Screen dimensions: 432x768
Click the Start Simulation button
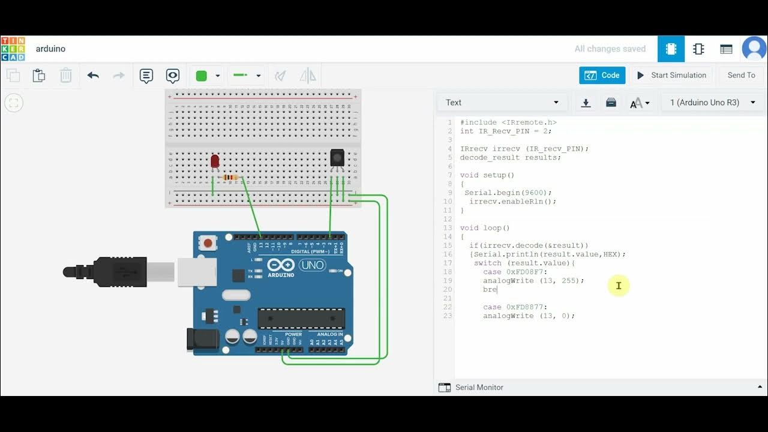(x=671, y=76)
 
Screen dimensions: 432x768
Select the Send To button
(x=741, y=76)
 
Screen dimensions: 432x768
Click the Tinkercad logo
(x=13, y=49)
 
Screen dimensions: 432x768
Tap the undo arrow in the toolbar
(x=93, y=76)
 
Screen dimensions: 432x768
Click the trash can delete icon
(x=66, y=76)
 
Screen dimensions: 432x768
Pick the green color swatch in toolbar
(x=202, y=76)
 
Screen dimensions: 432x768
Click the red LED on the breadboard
(x=215, y=161)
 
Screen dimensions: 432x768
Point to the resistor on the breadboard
(x=230, y=177)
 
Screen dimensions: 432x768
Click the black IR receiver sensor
(x=337, y=157)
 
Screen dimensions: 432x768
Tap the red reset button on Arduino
(x=208, y=243)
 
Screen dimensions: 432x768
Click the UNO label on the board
(x=312, y=265)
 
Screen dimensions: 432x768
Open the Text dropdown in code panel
(x=502, y=103)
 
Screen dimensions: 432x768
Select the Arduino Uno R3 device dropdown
(x=713, y=103)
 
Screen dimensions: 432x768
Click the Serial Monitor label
(x=479, y=388)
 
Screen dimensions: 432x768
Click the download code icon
(x=586, y=103)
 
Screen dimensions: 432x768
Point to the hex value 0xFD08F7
(x=527, y=272)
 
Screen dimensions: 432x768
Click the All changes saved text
(x=610, y=49)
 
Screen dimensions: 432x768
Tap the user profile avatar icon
(x=754, y=49)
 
